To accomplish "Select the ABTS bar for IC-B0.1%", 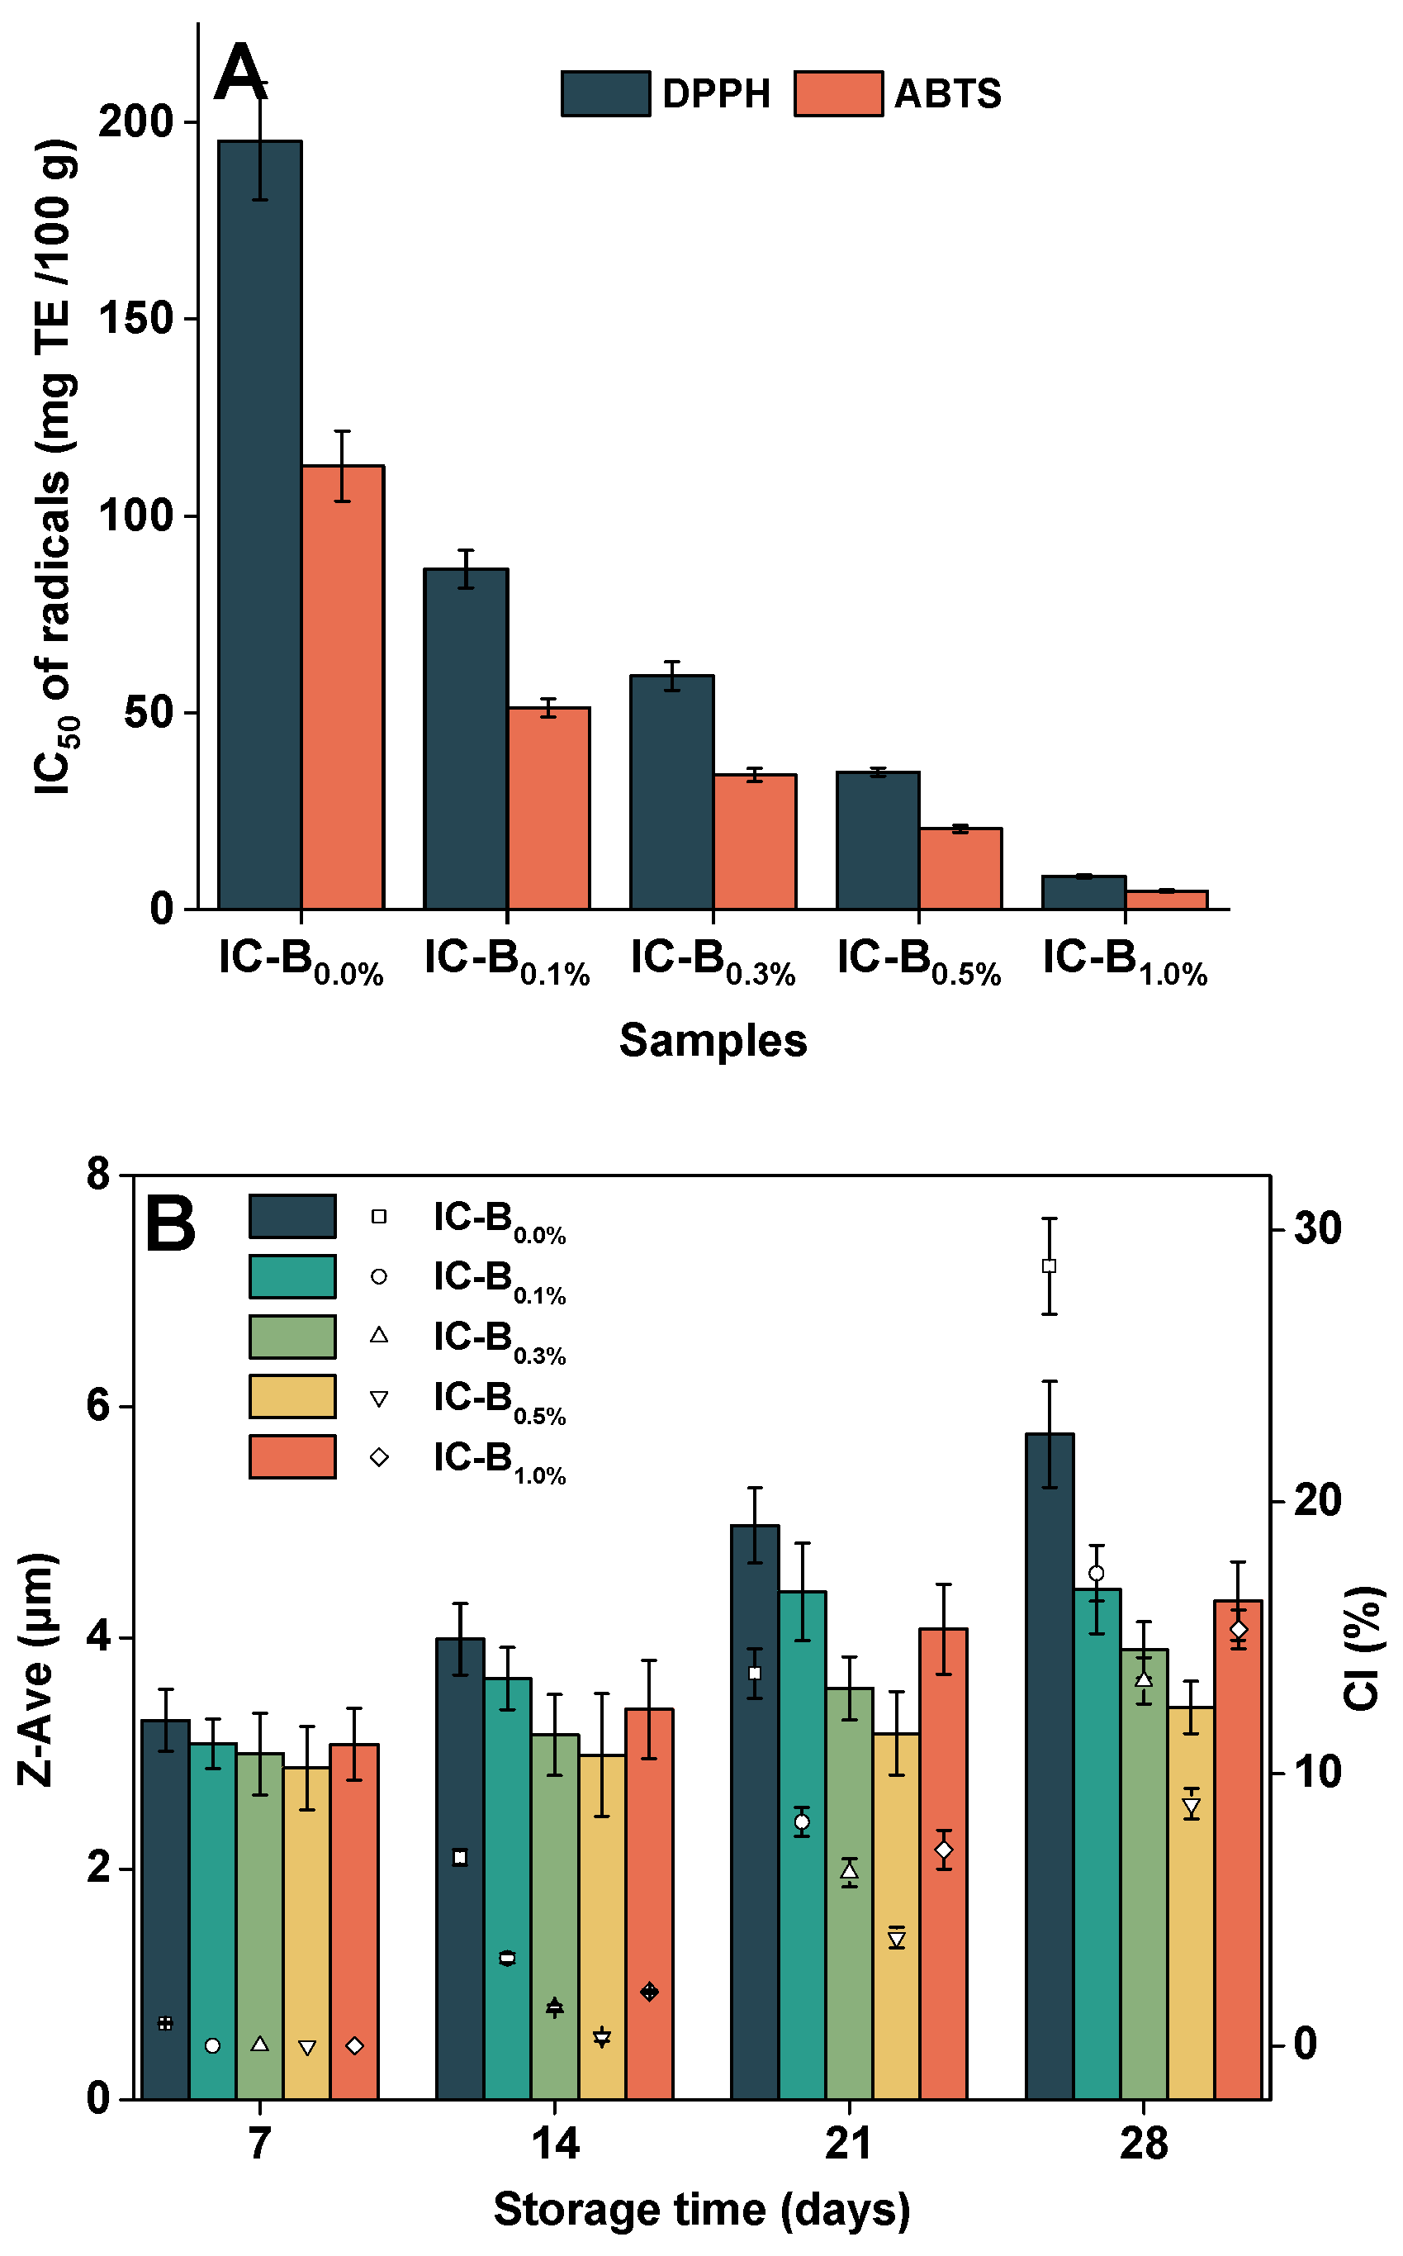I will point(548,808).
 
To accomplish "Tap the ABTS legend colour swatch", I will point(838,93).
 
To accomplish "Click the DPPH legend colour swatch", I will point(605,93).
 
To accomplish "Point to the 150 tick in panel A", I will point(135,319).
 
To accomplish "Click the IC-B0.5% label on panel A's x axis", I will point(918,962).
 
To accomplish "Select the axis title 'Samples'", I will point(713,1040).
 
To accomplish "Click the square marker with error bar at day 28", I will point(1050,1266).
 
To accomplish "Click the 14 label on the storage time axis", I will point(555,2144).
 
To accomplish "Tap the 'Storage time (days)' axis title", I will point(702,2210).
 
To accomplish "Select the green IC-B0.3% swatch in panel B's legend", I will point(292,1337).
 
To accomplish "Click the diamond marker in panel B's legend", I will point(378,1457).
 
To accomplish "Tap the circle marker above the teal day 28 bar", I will point(1096,1573).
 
